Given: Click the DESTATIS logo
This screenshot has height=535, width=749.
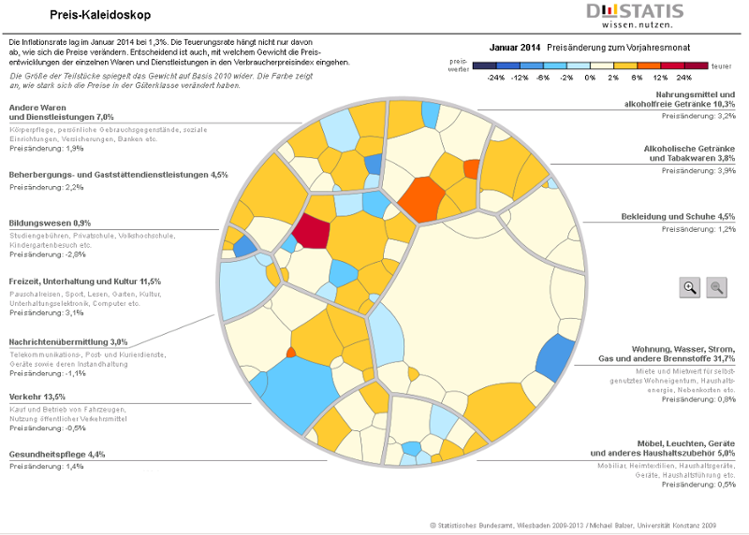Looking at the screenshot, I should [x=634, y=16].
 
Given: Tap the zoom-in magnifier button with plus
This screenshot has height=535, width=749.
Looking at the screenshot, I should [x=690, y=287].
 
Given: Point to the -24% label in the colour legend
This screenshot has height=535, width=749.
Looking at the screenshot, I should [x=496, y=78].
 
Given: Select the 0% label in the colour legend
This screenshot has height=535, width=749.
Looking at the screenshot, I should [x=591, y=78].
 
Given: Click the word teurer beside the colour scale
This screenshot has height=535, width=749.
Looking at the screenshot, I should [x=722, y=66].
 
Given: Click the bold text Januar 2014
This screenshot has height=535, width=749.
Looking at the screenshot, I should [x=515, y=46].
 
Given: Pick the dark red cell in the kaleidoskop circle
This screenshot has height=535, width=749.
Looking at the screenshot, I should [x=311, y=233].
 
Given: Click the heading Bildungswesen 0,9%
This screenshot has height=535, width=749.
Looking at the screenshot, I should [x=50, y=223].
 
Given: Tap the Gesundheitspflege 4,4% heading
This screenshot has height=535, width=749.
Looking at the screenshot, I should [x=56, y=454].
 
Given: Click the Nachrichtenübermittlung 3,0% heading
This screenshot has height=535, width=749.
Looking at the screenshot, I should [x=68, y=342].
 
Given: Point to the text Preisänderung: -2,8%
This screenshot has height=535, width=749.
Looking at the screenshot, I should [x=47, y=254].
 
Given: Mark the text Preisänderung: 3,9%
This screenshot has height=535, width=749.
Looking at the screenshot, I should [x=698, y=171].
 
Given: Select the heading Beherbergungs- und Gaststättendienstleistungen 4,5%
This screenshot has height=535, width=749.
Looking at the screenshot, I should [x=118, y=175].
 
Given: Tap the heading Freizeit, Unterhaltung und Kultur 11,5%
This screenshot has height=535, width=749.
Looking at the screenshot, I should [x=84, y=281].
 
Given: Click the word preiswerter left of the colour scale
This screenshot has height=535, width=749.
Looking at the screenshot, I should [x=458, y=66].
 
